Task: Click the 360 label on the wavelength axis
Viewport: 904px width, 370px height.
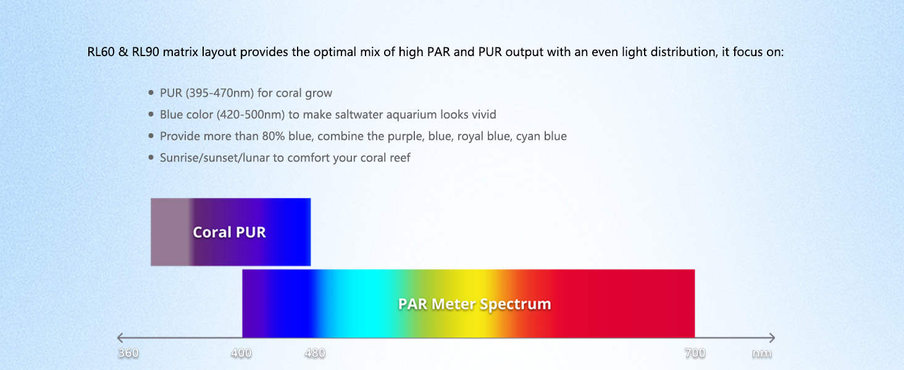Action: pyautogui.click(x=128, y=353)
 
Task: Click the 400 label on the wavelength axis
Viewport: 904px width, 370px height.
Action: pyautogui.click(x=241, y=353)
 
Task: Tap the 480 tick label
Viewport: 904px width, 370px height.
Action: pyautogui.click(x=315, y=353)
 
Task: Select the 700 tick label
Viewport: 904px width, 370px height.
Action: pyautogui.click(x=695, y=353)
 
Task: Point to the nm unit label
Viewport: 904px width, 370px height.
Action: pyautogui.click(x=761, y=353)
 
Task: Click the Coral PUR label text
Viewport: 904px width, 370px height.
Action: pyautogui.click(x=229, y=232)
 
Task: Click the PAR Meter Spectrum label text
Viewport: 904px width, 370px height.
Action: pyautogui.click(x=474, y=304)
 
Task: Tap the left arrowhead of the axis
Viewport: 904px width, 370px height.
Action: pyautogui.click(x=120, y=337)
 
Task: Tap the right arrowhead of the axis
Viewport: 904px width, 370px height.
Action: pyautogui.click(x=772, y=337)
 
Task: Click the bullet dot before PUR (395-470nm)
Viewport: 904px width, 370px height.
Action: pyautogui.click(x=151, y=92)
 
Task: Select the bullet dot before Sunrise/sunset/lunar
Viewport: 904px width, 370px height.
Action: pyautogui.click(x=151, y=157)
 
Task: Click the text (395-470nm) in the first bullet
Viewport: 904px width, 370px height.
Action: pyautogui.click(x=220, y=93)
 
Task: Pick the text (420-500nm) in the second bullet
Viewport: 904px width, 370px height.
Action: pyautogui.click(x=251, y=115)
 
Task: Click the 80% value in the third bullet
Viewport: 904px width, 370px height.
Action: pyautogui.click(x=273, y=136)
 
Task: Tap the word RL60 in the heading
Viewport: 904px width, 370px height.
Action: pyautogui.click(x=101, y=52)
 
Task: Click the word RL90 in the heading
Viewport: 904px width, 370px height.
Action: pyautogui.click(x=145, y=52)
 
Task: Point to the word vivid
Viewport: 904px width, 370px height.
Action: pyautogui.click(x=484, y=115)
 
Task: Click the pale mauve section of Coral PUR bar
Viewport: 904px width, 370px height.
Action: pyautogui.click(x=170, y=232)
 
